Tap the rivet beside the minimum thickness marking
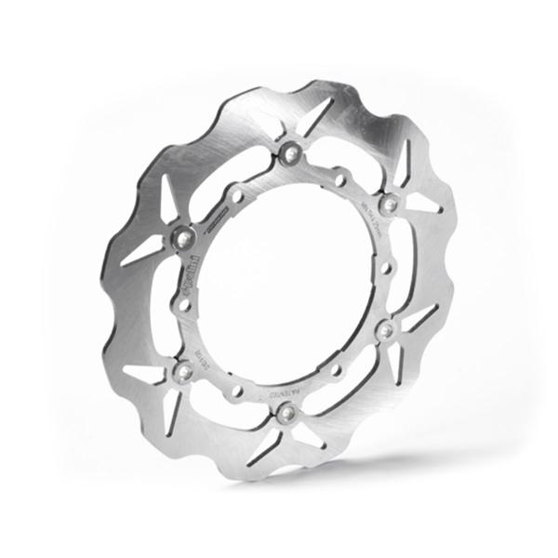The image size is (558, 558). coord(390,203)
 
